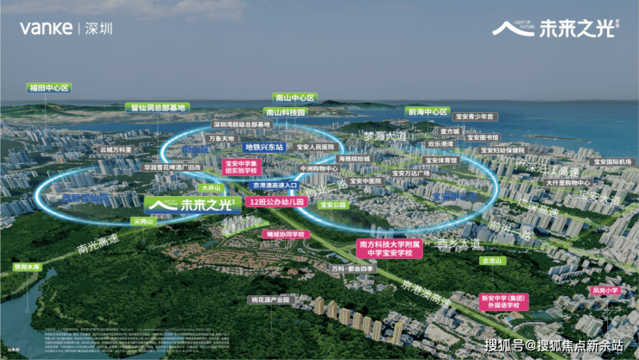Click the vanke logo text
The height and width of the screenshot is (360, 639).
(46, 28)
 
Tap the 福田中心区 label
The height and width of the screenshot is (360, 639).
(48, 87)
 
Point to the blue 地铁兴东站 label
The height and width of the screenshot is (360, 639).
(262, 148)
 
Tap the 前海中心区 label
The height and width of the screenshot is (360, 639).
(427, 111)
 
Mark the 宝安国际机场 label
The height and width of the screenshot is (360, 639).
(611, 161)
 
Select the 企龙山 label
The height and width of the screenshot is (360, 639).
(491, 260)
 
